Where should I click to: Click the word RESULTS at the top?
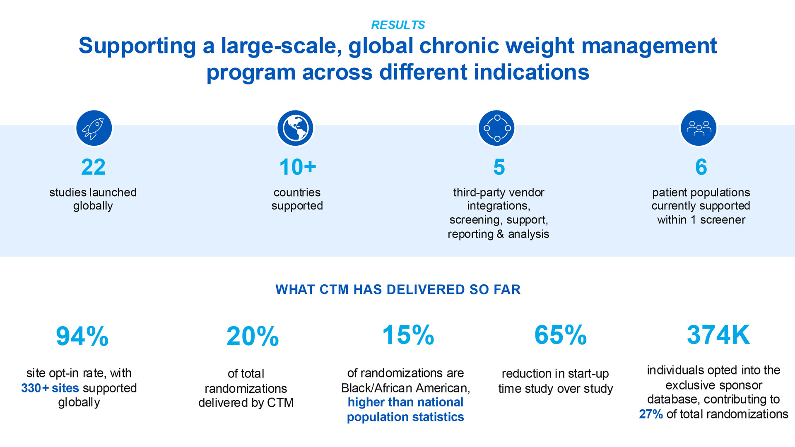398,25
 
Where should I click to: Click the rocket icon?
94,128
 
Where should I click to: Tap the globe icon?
295,128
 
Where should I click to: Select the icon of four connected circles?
497,128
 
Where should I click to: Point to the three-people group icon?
699,128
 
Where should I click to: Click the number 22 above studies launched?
93,167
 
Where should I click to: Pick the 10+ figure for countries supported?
298,167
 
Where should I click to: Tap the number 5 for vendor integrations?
499,167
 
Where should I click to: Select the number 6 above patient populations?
701,167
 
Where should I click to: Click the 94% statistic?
82,336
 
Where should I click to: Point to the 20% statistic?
253,336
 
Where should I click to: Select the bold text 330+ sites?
50,388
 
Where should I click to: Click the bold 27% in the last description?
651,414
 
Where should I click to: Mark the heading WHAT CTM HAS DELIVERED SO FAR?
398,289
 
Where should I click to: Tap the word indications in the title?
532,72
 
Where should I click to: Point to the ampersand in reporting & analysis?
500,234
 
